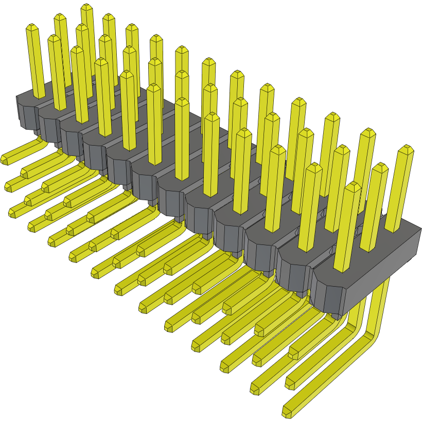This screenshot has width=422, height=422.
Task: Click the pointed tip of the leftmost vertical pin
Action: pyautogui.click(x=32, y=26)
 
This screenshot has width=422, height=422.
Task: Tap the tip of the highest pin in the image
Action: pyautogui.click(x=86, y=7)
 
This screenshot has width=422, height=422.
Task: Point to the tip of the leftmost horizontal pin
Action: pyautogui.click(x=4, y=160)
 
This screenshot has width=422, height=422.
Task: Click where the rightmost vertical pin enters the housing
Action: pyautogui.click(x=393, y=230)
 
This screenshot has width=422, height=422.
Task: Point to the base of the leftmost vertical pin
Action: pyautogui.click(x=40, y=96)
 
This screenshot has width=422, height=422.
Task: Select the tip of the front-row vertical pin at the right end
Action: pyautogui.click(x=353, y=185)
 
